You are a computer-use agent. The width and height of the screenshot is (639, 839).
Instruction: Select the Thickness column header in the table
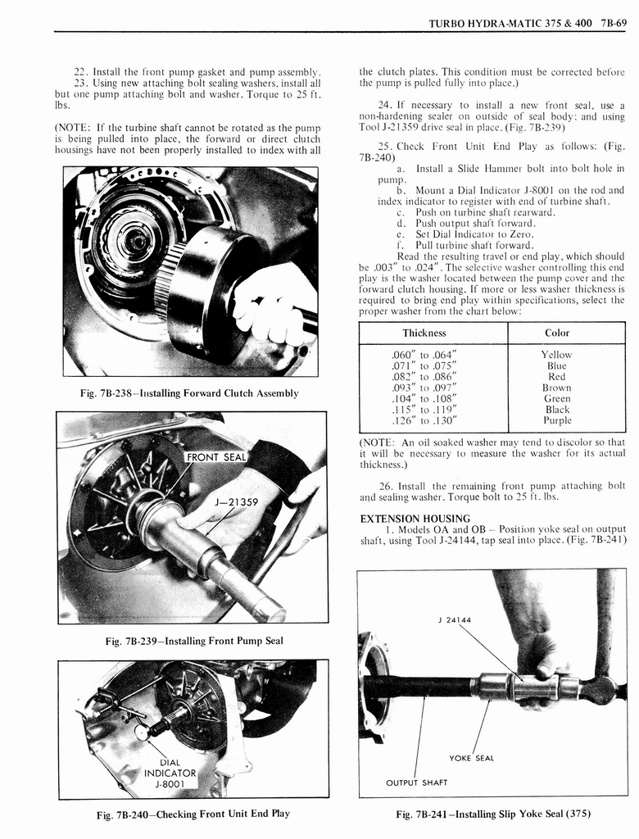click(x=424, y=333)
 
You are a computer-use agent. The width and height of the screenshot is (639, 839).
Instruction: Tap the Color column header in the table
click(x=557, y=333)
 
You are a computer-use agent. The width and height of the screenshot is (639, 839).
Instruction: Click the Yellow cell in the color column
click(x=557, y=355)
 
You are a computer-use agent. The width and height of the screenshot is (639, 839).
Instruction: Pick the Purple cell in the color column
click(x=557, y=420)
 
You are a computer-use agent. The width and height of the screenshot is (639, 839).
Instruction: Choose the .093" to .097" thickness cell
click(x=424, y=388)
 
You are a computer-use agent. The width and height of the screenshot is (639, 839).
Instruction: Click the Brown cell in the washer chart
click(x=557, y=388)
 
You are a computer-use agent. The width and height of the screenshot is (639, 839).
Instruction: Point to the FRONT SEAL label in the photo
click(x=216, y=456)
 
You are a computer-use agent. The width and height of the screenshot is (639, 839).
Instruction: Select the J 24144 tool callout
click(x=454, y=619)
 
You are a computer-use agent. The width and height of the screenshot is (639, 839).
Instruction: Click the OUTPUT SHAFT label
click(x=417, y=782)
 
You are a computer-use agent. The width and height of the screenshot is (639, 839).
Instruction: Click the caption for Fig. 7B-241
click(x=492, y=814)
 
